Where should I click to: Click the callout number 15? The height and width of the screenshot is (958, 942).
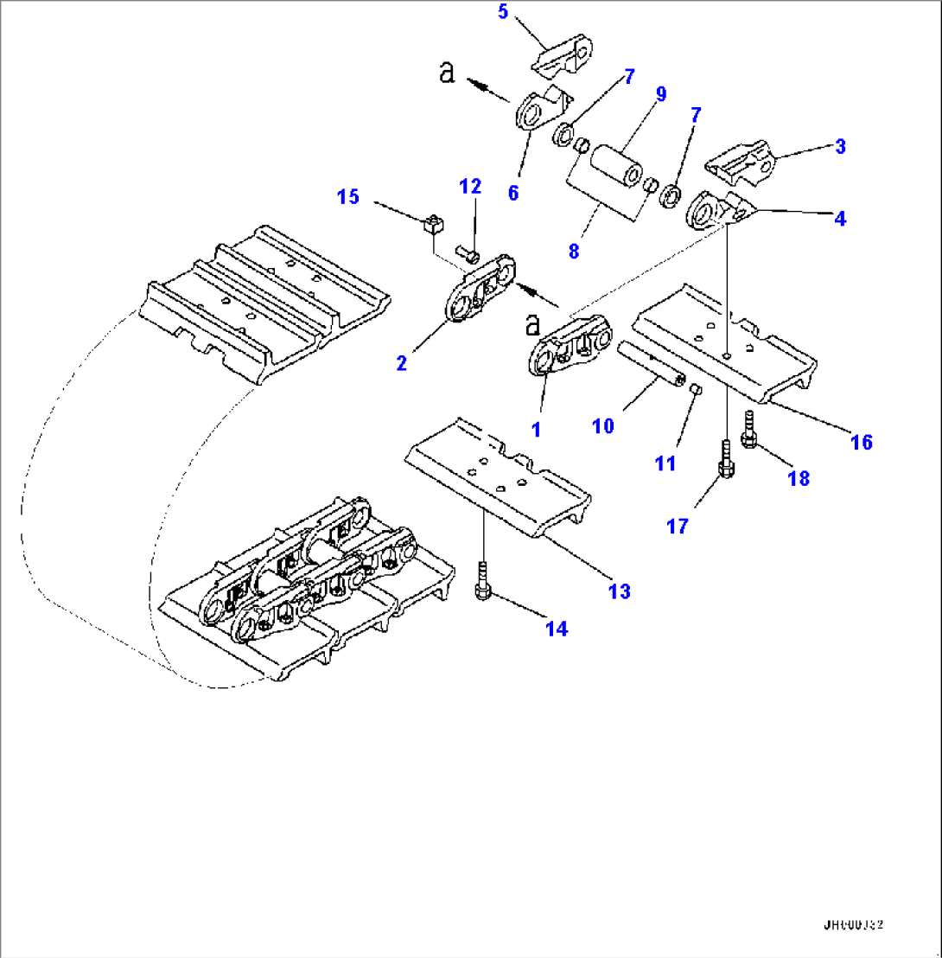tap(347, 197)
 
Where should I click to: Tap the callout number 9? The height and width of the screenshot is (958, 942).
tap(660, 94)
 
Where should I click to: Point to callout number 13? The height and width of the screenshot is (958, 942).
tap(619, 591)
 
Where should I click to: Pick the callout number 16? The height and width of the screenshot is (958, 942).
tap(861, 442)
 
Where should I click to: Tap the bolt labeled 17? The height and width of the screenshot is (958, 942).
tap(724, 461)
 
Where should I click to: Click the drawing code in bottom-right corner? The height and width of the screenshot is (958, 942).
tap(854, 923)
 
